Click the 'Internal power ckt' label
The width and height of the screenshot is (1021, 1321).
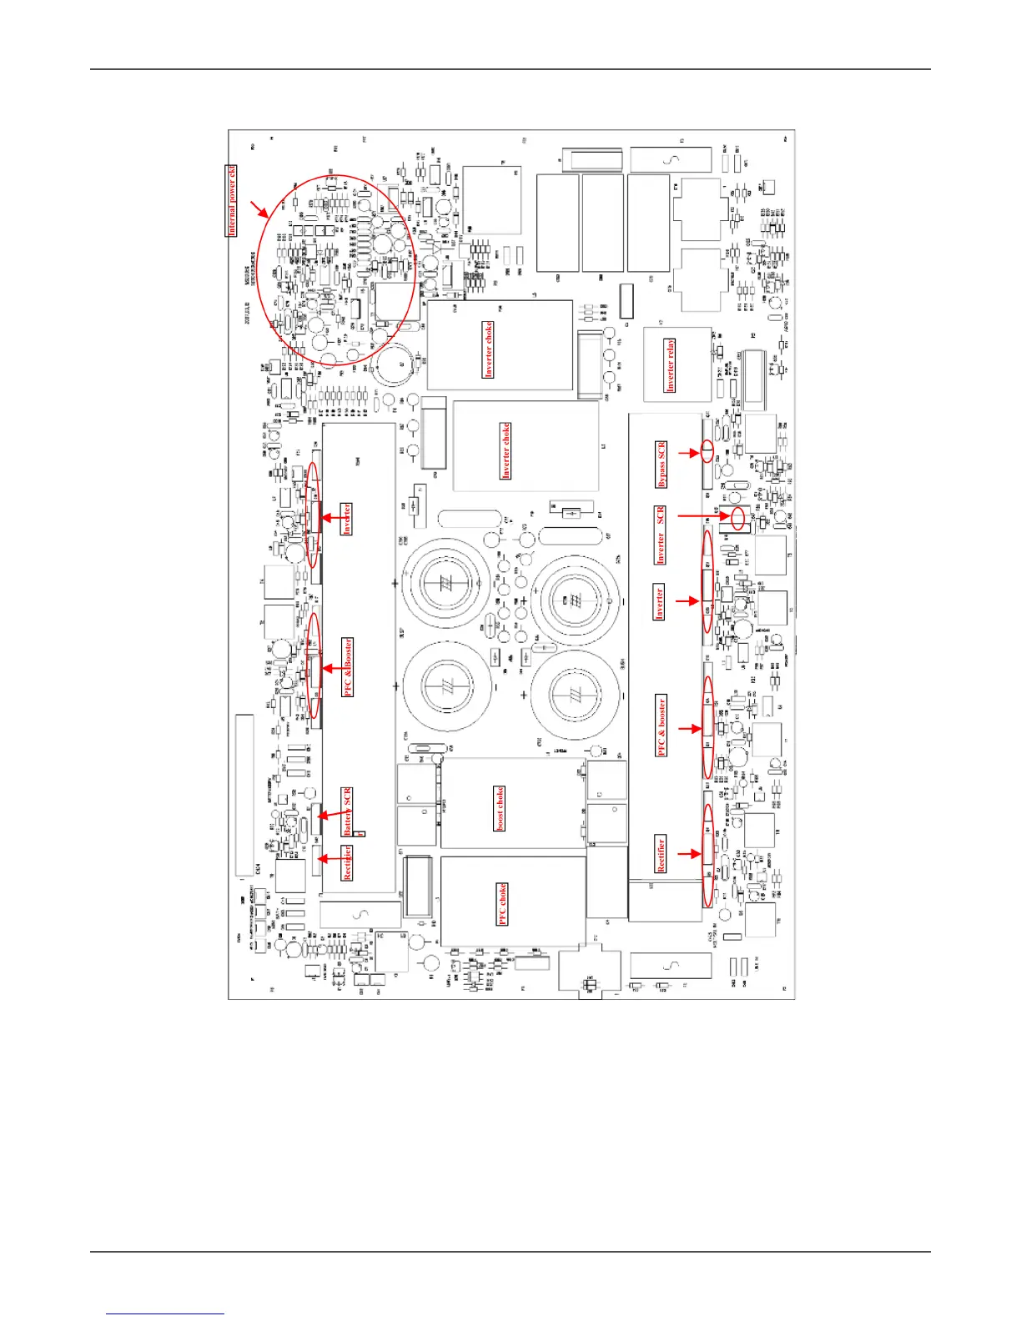tap(232, 201)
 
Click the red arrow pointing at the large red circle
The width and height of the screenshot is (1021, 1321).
tap(259, 209)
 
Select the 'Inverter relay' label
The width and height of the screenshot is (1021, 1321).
tap(670, 365)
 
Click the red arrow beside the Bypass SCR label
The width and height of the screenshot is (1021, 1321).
tap(688, 454)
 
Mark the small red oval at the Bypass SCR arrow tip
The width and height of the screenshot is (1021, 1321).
tap(707, 451)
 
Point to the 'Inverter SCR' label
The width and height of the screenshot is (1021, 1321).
tap(661, 535)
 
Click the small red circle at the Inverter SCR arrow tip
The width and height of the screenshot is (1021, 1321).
tap(738, 518)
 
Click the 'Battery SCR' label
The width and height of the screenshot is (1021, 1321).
tap(348, 811)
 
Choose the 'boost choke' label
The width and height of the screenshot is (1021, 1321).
tap(500, 808)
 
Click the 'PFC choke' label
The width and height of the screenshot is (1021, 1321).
tap(502, 904)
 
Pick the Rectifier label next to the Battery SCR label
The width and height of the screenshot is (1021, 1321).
tap(347, 862)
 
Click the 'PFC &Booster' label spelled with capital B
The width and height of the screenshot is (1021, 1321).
tap(348, 667)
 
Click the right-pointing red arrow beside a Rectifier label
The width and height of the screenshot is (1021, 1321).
tap(688, 854)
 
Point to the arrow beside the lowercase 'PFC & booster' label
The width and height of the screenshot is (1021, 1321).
tap(688, 729)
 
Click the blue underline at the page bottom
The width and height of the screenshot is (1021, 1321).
tap(165, 1313)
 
